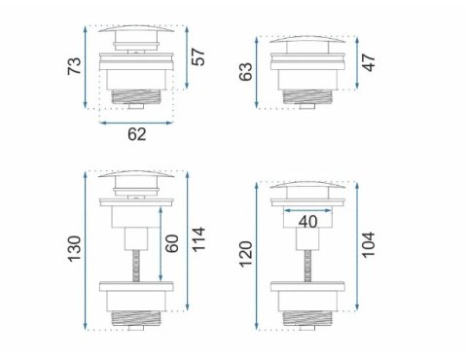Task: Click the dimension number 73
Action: (74, 67)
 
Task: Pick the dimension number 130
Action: (74, 249)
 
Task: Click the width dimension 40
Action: (308, 221)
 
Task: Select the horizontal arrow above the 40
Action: (308, 207)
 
